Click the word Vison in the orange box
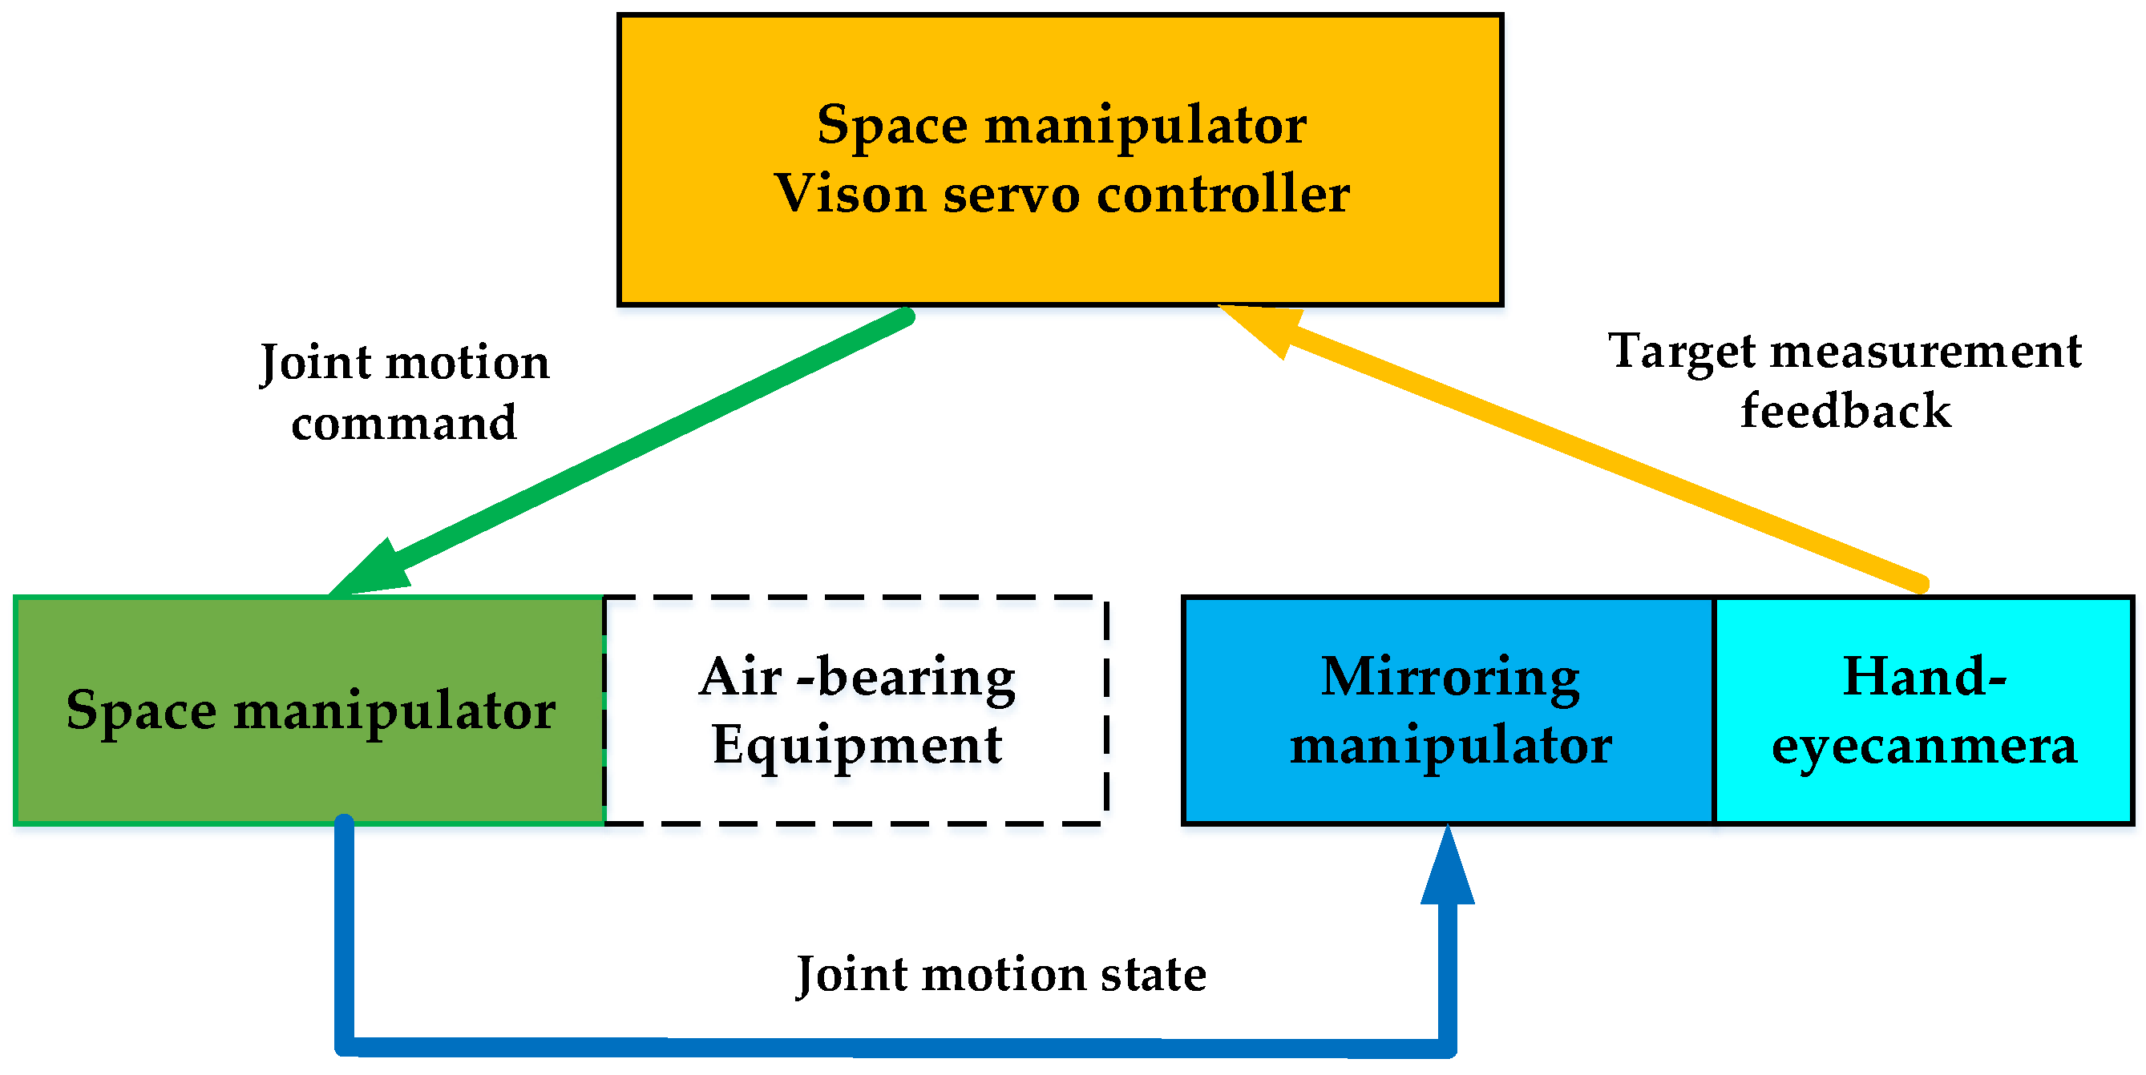pos(850,194)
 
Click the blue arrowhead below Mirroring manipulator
pos(1448,866)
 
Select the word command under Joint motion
pos(404,423)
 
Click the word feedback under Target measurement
pos(1846,410)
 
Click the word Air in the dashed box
pos(741,676)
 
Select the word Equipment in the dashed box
pos(857,744)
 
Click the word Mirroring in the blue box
pos(1450,676)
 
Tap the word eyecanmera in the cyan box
pos(1925,746)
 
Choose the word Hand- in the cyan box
pos(1925,676)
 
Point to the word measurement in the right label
pos(1927,352)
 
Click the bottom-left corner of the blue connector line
pos(345,1046)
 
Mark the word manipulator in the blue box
pos(1450,744)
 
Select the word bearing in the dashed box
pos(916,676)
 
